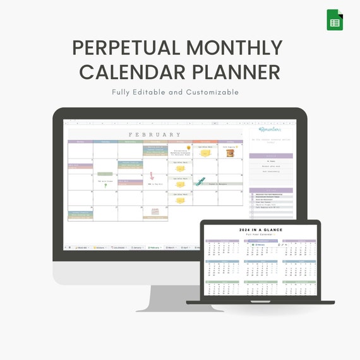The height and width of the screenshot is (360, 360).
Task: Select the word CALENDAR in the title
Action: pos(142,71)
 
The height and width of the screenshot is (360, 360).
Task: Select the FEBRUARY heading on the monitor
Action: pos(155,135)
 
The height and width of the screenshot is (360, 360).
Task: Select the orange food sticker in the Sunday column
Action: pos(230,152)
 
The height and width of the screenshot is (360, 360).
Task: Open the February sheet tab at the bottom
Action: pos(154,248)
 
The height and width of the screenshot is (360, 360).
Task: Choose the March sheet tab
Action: pos(171,248)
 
